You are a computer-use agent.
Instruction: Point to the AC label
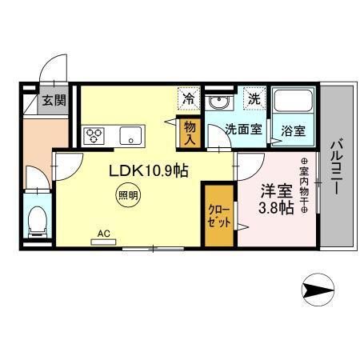click(x=103, y=234)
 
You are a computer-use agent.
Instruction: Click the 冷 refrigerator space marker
click(x=189, y=100)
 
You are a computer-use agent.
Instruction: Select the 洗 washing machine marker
click(x=254, y=100)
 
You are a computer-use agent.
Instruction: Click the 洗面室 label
click(x=242, y=129)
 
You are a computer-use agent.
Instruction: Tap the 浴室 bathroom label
click(x=291, y=130)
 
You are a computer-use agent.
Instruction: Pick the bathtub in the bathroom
click(x=291, y=102)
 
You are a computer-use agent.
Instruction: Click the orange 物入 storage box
click(x=190, y=130)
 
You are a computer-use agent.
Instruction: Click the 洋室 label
click(x=274, y=193)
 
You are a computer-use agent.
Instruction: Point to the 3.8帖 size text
click(x=275, y=210)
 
